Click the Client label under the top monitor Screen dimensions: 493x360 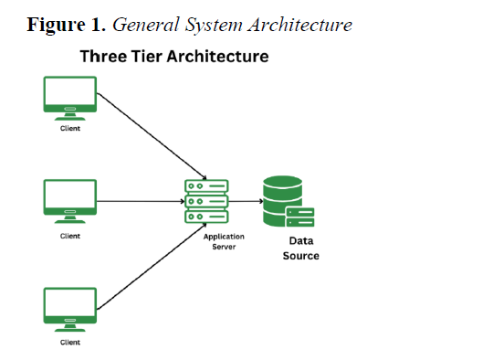point(70,129)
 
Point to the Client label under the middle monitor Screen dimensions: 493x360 point(70,236)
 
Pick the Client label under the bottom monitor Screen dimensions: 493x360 point(70,343)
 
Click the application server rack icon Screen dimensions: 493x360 point(206,201)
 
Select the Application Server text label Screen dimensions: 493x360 point(224,242)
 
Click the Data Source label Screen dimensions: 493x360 point(301,249)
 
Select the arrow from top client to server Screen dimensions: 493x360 point(152,136)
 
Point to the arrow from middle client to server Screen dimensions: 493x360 point(141,201)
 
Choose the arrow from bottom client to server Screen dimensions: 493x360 point(152,266)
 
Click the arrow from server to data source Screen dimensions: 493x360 point(246,201)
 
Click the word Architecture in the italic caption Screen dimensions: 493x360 point(300,25)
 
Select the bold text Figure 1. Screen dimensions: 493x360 point(66,26)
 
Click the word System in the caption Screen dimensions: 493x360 point(215,26)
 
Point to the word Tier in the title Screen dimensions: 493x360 point(146,57)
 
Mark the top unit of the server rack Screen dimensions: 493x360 point(206,186)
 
